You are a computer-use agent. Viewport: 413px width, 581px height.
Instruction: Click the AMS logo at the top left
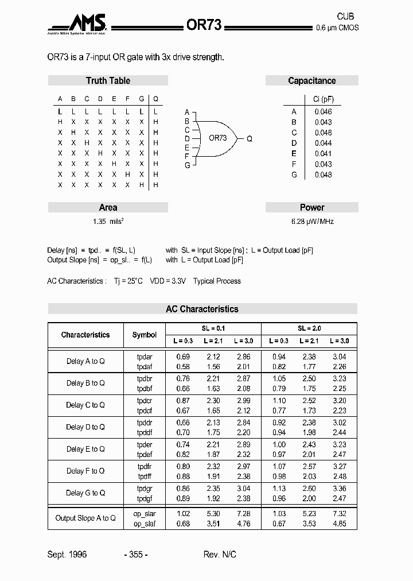point(77,25)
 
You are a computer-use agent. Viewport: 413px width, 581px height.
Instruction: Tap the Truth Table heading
point(108,81)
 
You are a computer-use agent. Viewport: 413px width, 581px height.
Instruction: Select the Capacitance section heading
point(311,81)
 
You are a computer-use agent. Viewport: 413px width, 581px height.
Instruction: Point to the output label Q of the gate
point(250,139)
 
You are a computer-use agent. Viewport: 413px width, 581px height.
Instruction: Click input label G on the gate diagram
point(186,165)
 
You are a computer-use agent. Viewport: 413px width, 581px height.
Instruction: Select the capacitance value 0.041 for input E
point(323,153)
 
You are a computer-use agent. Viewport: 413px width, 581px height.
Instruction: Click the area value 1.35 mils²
point(108,222)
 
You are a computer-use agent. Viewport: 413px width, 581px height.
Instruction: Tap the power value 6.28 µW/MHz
point(312,222)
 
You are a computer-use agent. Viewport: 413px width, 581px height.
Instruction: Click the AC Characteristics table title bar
point(202,309)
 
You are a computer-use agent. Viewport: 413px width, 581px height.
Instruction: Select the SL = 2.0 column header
point(309,328)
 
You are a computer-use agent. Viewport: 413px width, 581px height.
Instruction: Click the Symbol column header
point(144,335)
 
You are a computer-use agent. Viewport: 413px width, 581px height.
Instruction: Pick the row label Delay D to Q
point(85,427)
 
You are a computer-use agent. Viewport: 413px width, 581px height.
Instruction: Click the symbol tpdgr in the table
point(145,488)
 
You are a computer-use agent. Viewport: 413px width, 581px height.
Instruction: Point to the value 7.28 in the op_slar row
point(243,514)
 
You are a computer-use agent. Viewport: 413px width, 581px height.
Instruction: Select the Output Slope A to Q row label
point(85,518)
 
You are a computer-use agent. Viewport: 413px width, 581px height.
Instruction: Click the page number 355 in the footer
point(136,555)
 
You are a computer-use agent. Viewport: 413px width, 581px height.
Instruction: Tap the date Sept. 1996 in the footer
point(67,555)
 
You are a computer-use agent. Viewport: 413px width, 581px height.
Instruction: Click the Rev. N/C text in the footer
point(220,555)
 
